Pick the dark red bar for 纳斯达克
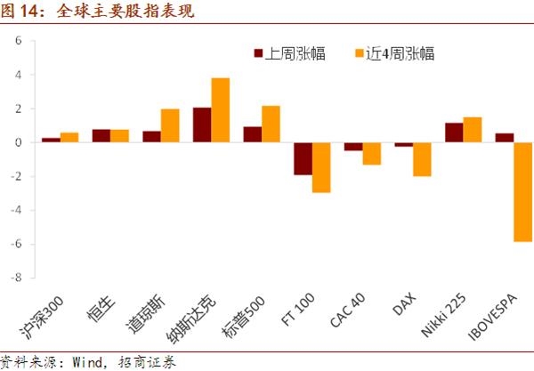tap(202, 125)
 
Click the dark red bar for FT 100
tap(303, 158)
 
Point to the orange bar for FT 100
tap(321, 167)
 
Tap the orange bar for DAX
tap(423, 159)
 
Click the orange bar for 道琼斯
tap(170, 125)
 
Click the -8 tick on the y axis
tap(16, 278)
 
